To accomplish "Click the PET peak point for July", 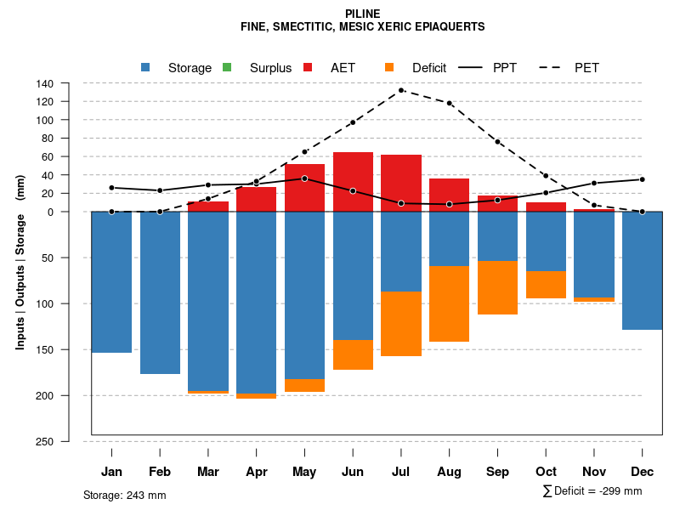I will (x=401, y=90).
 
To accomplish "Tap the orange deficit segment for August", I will (x=449, y=303).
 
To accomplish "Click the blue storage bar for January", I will (x=111, y=281).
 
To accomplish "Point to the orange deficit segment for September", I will (x=497, y=287).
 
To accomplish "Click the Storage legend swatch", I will (x=146, y=67).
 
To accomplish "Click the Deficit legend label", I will (x=429, y=67).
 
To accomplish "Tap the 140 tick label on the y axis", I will (x=45, y=83).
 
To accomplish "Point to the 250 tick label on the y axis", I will (x=45, y=441).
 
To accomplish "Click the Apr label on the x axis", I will (x=257, y=472).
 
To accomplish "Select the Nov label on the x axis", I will (x=594, y=472).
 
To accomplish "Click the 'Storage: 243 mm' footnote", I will (x=125, y=495).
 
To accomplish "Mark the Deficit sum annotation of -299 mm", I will (x=592, y=491).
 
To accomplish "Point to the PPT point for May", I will (x=304, y=178).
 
